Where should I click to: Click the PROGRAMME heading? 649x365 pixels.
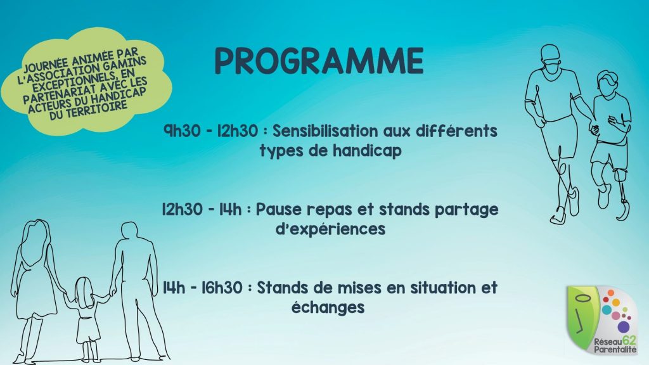[319, 61]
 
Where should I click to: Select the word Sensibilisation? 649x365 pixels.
[325, 131]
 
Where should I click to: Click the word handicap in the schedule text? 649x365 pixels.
[367, 151]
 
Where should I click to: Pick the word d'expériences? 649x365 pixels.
[331, 229]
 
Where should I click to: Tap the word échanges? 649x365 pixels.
[328, 307]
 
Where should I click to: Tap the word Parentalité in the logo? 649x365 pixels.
[615, 350]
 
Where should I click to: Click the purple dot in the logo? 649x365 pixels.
[624, 327]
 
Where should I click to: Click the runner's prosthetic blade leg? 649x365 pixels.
[622, 195]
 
